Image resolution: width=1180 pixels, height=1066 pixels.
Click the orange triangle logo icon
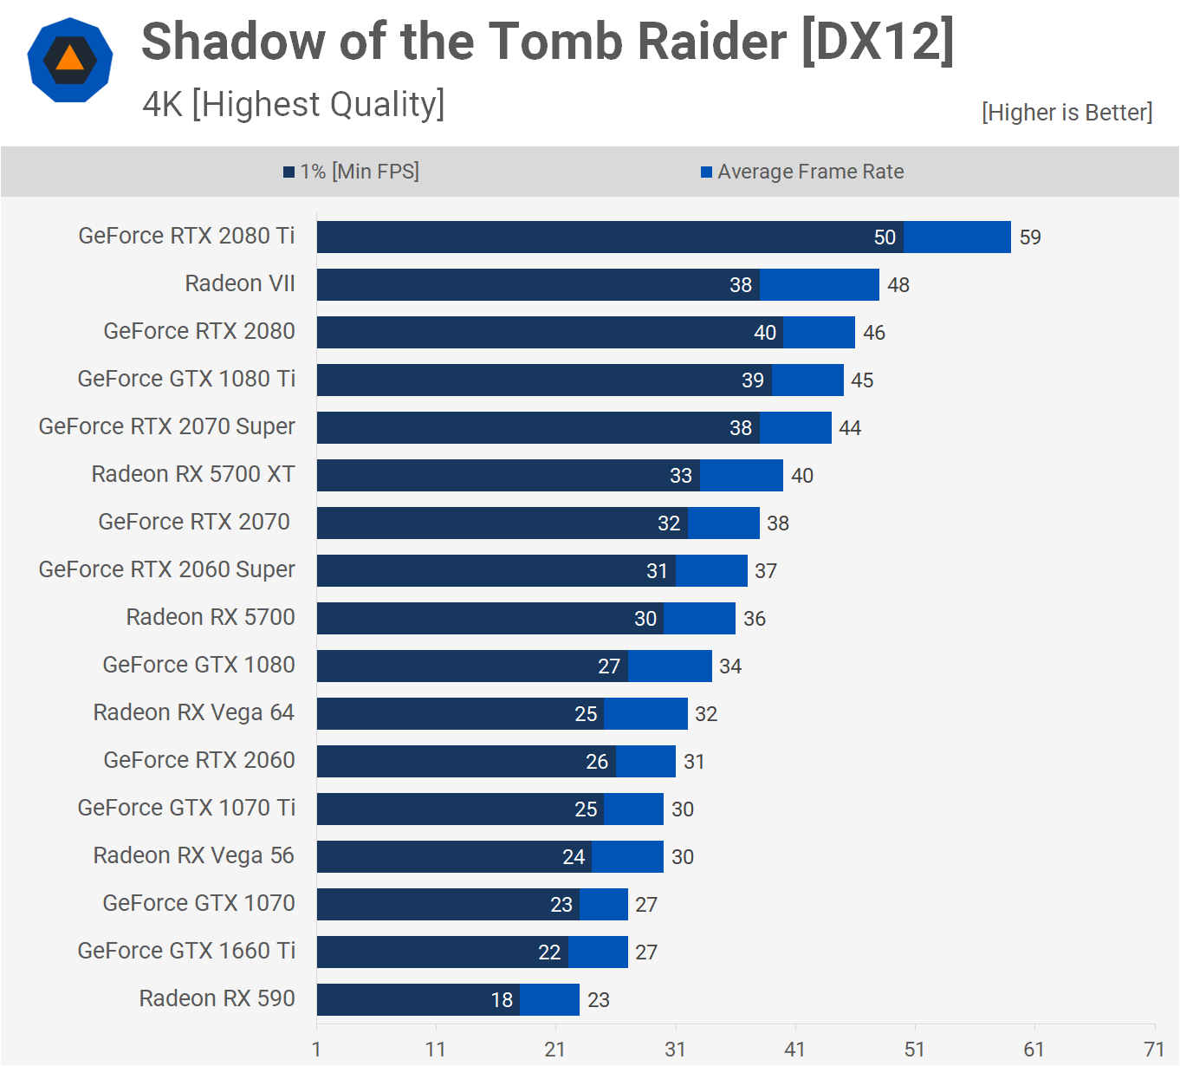coord(70,59)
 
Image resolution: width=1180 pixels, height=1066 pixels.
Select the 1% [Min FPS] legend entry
coord(352,172)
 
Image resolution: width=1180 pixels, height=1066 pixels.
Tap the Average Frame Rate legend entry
coord(802,172)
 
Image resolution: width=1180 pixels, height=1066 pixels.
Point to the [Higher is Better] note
coord(1067,113)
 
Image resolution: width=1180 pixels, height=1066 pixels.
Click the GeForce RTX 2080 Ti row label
coord(186,236)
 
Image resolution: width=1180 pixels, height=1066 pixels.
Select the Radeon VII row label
coord(240,283)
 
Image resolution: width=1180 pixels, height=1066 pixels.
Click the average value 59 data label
coord(1030,237)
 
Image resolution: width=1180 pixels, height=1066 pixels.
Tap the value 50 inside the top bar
coord(885,237)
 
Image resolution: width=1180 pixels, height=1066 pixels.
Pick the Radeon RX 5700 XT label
coord(193,474)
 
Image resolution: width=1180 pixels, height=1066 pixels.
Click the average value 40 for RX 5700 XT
coord(802,476)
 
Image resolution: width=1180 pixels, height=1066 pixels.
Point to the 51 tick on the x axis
coord(915,1050)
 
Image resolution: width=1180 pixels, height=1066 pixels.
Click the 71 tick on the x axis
coord(1154,1050)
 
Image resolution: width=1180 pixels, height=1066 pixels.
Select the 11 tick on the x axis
coord(436,1050)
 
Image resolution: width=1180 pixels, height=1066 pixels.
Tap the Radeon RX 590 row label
coord(217,998)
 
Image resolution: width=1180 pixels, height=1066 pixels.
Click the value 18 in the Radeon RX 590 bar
coord(502,1000)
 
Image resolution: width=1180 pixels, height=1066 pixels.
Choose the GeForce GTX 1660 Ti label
coord(186,951)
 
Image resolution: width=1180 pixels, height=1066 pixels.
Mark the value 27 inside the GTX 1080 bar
coord(609,666)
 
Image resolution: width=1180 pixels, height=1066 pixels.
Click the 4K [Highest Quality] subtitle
coord(294,104)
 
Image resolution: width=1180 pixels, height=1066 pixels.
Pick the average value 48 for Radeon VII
coord(898,285)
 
